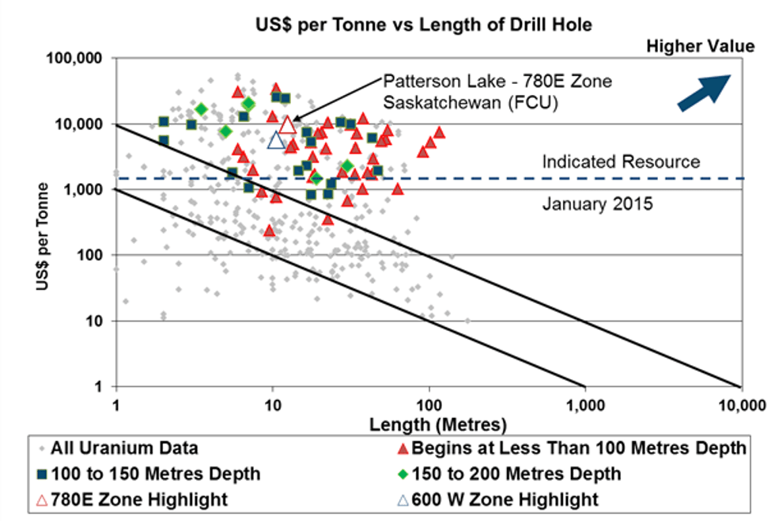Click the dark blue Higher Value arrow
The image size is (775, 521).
click(706, 89)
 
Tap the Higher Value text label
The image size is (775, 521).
click(701, 46)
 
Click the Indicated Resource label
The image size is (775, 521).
click(621, 162)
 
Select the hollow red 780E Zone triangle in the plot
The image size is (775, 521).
click(287, 124)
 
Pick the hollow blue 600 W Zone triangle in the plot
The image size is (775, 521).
click(275, 140)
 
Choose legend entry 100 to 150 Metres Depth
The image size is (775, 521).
click(150, 474)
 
